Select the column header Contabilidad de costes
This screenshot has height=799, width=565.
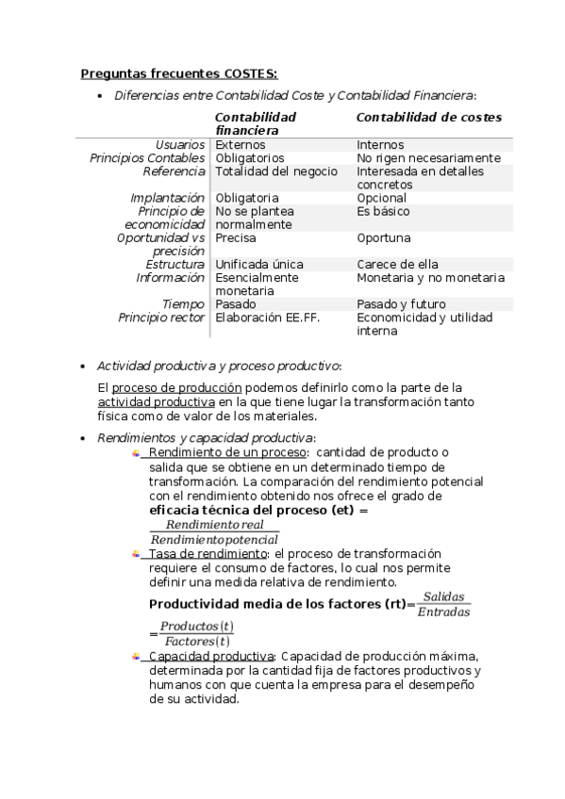click(428, 117)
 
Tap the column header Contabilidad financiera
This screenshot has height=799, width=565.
click(256, 123)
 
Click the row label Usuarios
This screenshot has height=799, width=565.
click(180, 145)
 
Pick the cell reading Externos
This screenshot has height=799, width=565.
click(241, 145)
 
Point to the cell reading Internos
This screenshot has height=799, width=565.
click(380, 145)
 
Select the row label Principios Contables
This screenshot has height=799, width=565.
click(147, 158)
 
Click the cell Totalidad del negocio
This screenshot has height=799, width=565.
click(276, 171)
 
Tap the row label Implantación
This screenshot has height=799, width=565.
click(167, 198)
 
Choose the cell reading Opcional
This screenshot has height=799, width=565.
click(381, 198)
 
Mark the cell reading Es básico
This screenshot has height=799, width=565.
click(383, 211)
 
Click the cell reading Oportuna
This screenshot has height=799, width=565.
click(383, 238)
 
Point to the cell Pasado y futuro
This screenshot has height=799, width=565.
click(401, 304)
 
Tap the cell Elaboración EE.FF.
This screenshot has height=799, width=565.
click(268, 318)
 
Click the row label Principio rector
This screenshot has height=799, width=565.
click(161, 318)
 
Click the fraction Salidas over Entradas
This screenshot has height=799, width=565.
click(444, 605)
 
